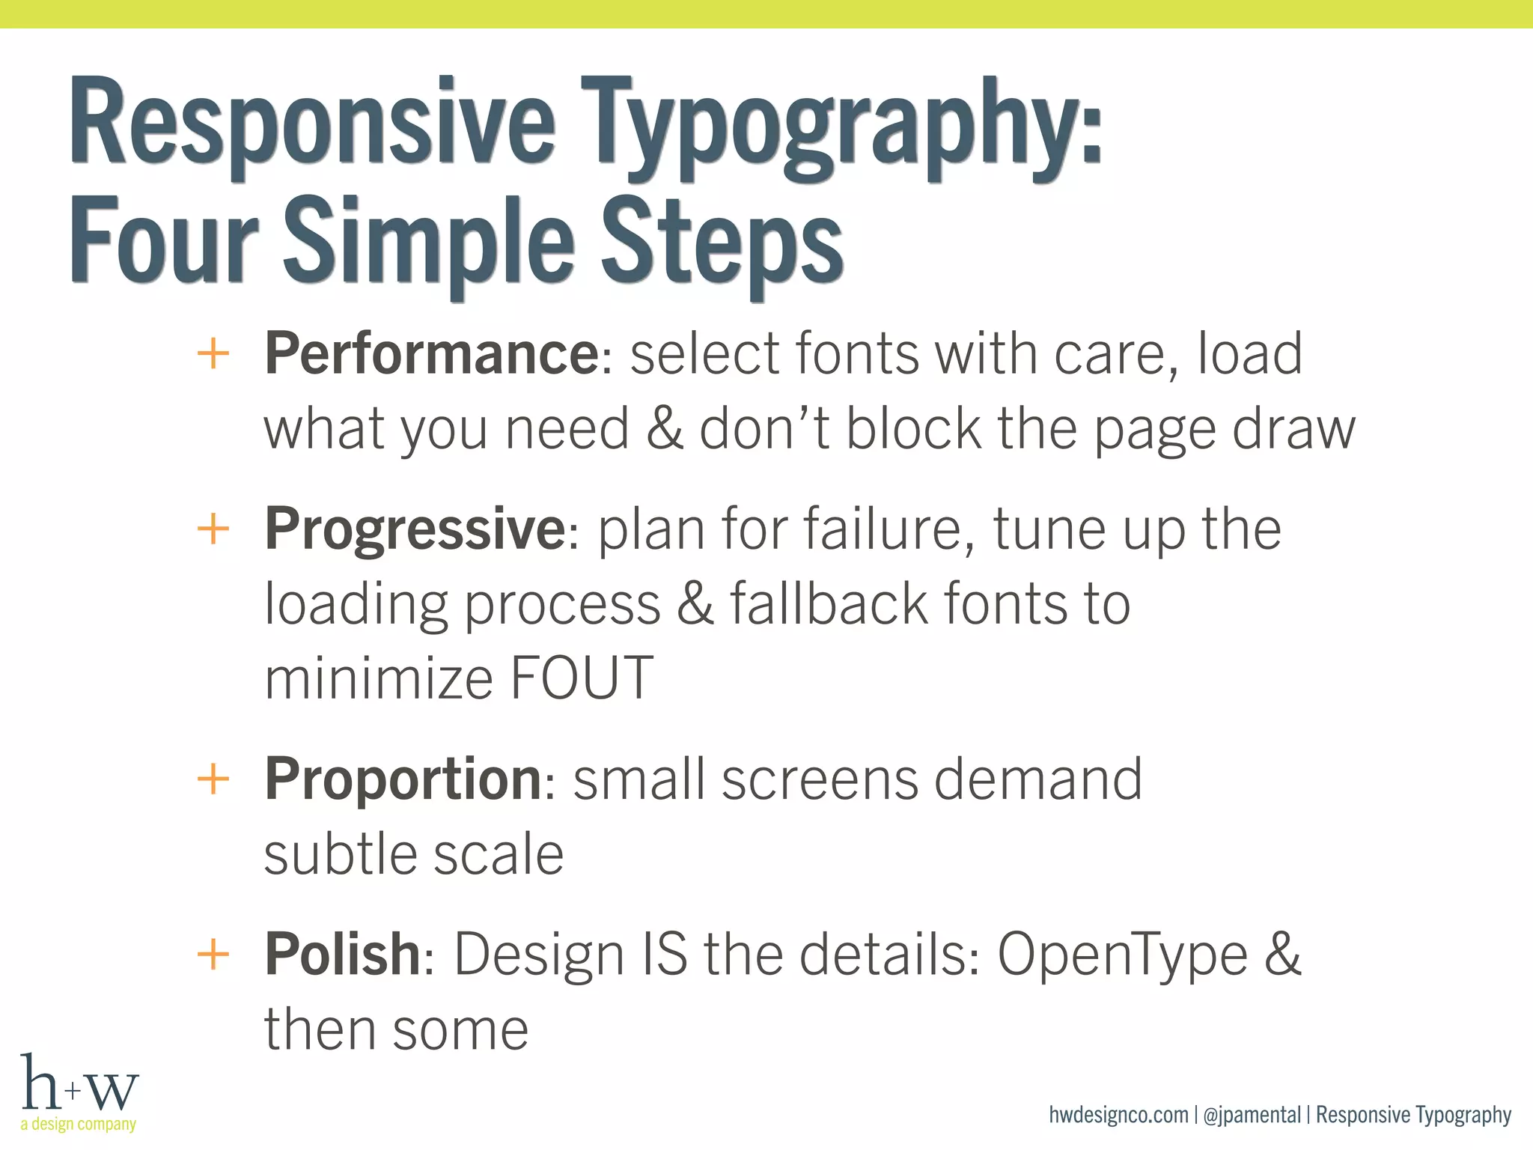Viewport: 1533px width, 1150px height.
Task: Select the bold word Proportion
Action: click(x=403, y=779)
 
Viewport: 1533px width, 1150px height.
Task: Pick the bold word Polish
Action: click(x=342, y=954)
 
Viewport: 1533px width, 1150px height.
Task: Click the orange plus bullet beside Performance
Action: click(x=213, y=353)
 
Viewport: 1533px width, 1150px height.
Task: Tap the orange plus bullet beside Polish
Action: click(x=213, y=955)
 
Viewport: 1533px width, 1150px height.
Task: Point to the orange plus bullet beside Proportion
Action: click(x=213, y=779)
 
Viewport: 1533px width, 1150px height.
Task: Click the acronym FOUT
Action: click(x=582, y=678)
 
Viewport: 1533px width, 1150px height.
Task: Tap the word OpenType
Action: click(x=1123, y=955)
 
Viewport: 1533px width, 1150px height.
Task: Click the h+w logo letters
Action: click(x=79, y=1084)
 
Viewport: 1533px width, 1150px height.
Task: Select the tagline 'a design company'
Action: click(x=79, y=1124)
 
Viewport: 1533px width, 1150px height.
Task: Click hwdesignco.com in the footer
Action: click(x=1118, y=1115)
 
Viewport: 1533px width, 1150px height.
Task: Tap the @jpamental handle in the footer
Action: click(x=1252, y=1115)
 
